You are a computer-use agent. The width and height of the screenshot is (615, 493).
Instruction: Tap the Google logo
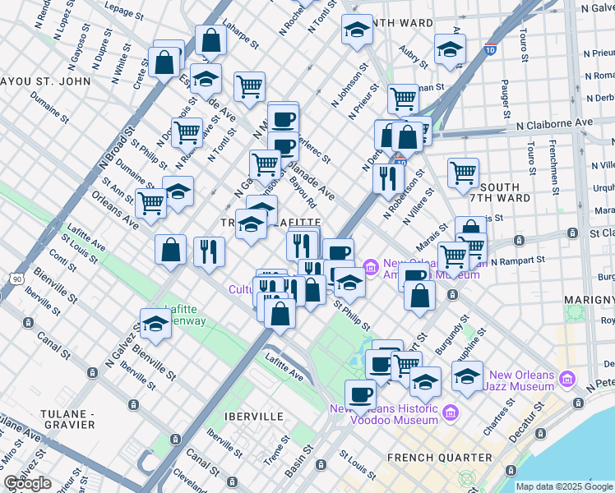tap(28, 483)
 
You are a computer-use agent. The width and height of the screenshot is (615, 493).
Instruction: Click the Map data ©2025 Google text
tap(564, 486)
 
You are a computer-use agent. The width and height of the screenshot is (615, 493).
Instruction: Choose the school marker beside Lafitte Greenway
tap(154, 324)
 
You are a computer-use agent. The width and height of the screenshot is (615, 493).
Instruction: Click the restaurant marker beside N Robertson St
tap(386, 178)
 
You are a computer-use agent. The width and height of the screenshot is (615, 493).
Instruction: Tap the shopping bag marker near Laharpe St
tap(211, 40)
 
